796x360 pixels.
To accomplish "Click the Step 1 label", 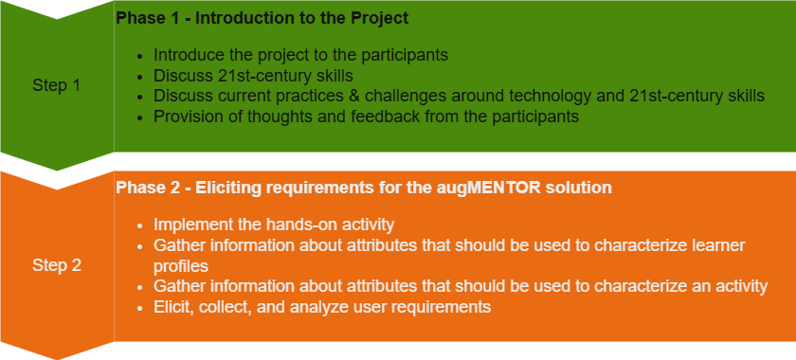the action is click(56, 85).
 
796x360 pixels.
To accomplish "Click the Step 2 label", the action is click(56, 265).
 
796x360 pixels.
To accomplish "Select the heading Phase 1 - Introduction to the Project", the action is click(262, 18).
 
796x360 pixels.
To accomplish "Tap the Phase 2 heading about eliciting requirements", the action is click(364, 188).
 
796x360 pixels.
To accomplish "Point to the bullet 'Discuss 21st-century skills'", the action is click(253, 76).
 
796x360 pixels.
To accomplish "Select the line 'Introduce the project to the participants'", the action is click(300, 55).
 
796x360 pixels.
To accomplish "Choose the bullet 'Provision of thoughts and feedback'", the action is click(366, 117).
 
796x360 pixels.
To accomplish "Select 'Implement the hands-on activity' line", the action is click(274, 225).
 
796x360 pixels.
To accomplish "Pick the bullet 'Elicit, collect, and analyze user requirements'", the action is click(322, 308).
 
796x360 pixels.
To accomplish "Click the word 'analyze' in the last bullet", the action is click(354, 308).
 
